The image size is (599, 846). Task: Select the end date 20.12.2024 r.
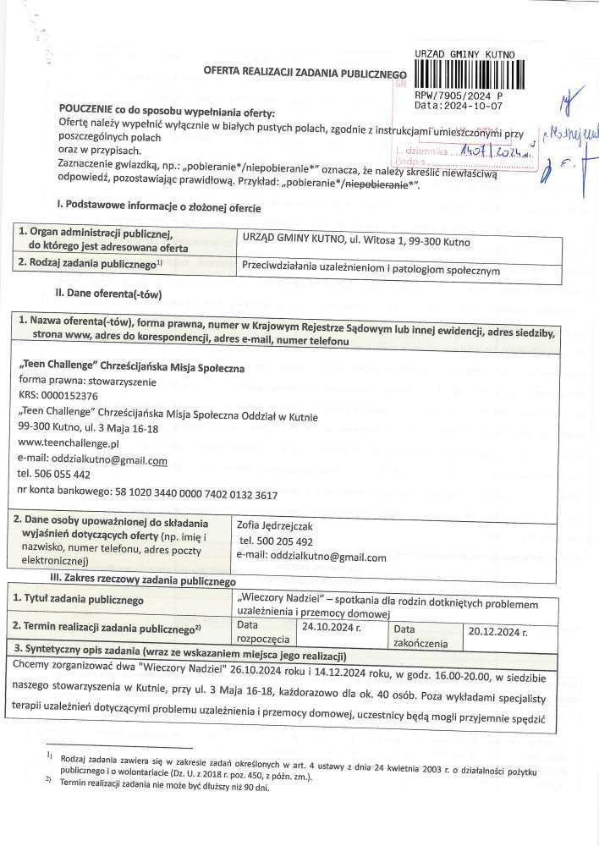(x=498, y=631)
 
